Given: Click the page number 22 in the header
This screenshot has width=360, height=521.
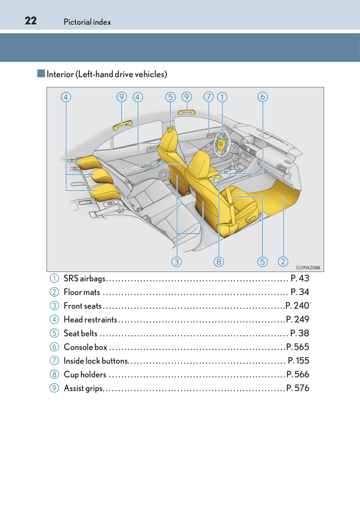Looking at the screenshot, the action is point(31,21).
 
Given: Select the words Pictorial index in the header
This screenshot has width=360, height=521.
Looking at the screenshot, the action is point(87,22).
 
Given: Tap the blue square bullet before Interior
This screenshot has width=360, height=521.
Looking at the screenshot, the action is point(41,73).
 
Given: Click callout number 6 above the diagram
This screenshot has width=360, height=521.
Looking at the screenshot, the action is point(263,97).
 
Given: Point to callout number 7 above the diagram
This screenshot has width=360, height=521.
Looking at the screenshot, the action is point(208,97).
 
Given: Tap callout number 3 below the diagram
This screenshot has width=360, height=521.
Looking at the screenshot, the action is point(177,262).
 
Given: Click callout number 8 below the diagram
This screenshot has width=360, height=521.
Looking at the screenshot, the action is point(219,262).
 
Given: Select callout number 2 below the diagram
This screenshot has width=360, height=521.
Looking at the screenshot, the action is point(283,262).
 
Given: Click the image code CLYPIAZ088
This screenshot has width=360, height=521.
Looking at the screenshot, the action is point(308,268).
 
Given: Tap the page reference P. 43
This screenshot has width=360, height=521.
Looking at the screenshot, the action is point(300,278).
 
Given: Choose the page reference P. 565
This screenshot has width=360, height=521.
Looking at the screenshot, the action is point(298,347).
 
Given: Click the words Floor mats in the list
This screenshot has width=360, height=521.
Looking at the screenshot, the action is point(82,292).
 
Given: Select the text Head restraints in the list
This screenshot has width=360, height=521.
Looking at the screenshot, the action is point(90,320).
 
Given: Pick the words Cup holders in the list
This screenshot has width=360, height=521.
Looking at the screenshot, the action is point(85,375).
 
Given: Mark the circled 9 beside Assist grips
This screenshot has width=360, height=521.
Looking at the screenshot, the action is point(54,388).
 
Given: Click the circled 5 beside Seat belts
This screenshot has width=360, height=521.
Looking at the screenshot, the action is point(54,333).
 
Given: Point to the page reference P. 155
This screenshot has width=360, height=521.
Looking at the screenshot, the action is point(299,361).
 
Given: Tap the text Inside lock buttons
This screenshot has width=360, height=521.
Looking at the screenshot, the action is point(96,361).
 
